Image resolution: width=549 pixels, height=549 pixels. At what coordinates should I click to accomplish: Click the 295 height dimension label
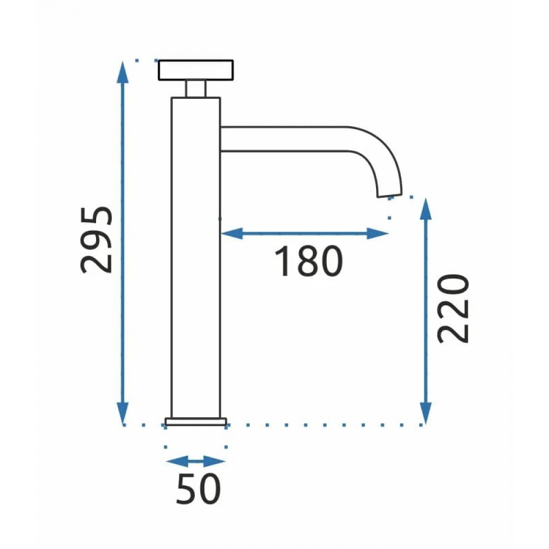97,240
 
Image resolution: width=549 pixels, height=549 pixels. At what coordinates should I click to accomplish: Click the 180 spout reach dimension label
308,261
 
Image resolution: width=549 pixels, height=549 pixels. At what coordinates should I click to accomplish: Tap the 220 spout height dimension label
453,309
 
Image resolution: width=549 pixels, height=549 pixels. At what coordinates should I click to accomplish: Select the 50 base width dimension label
199,489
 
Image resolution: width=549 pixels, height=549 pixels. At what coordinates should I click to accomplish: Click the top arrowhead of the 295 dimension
122,72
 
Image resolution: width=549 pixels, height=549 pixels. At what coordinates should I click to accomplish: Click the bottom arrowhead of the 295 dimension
122,413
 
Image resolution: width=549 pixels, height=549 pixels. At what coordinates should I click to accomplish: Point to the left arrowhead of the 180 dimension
232,233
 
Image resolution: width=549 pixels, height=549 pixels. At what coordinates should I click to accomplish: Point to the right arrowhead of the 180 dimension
378,233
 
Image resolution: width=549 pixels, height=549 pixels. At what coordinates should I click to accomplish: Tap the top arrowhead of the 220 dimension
425,209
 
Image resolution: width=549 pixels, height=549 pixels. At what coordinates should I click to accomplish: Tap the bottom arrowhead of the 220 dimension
425,413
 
